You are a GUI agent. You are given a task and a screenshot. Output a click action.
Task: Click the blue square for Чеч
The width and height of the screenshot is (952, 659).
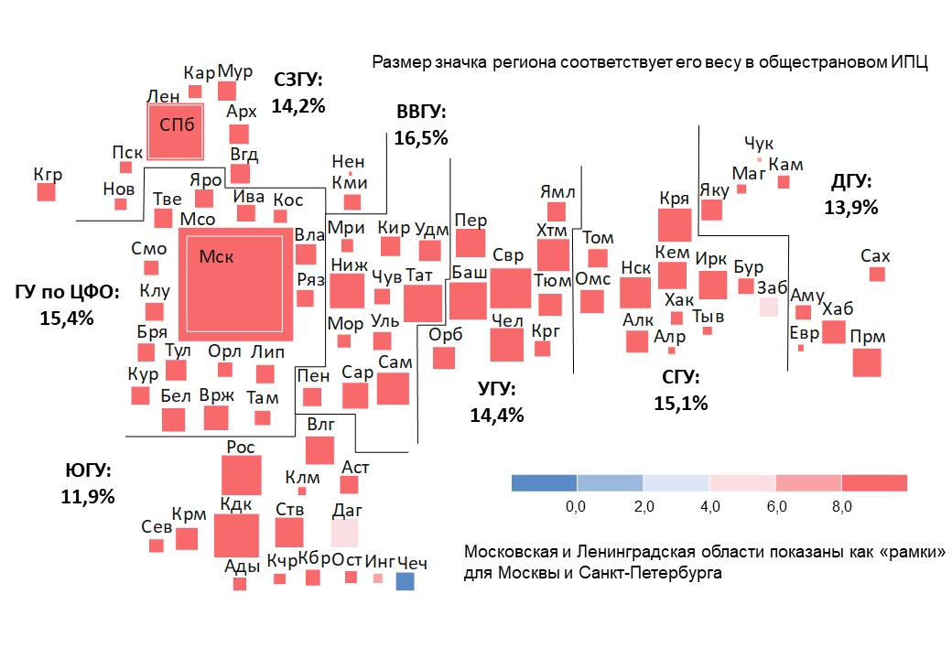(405, 581)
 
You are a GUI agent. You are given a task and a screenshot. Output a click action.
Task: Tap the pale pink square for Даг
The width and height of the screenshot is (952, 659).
(344, 533)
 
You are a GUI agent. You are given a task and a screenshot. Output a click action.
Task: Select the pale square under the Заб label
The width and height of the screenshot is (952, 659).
(768, 307)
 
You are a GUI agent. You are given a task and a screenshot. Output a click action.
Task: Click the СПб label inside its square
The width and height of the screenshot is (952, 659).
(177, 124)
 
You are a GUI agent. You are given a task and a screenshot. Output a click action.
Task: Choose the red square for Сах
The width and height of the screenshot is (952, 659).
(877, 274)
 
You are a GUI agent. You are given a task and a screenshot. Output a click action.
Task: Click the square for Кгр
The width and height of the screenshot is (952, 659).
(46, 191)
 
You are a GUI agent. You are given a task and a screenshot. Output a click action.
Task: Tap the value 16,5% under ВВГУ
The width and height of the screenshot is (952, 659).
(421, 138)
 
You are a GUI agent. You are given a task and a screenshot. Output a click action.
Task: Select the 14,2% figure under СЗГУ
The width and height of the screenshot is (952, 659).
(298, 105)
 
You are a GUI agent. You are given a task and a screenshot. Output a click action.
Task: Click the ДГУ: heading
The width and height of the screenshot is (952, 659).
(851, 181)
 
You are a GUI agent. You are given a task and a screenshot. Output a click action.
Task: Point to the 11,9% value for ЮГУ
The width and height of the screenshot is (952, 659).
(89, 497)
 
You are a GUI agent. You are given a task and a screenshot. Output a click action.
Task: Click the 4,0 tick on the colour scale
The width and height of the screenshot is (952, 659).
(709, 506)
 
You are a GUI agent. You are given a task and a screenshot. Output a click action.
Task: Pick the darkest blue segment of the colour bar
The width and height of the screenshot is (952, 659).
(544, 482)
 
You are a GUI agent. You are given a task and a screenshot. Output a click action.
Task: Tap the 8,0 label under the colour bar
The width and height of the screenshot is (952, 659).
(841, 506)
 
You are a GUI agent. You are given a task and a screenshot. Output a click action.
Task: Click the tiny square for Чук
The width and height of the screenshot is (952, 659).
(759, 159)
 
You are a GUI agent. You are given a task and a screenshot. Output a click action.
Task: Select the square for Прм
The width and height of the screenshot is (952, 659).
(866, 362)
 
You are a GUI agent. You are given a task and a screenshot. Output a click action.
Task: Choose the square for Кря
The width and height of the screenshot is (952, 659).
(674, 224)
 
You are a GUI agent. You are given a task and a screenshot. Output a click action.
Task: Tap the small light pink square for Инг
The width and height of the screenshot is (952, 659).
(377, 578)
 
